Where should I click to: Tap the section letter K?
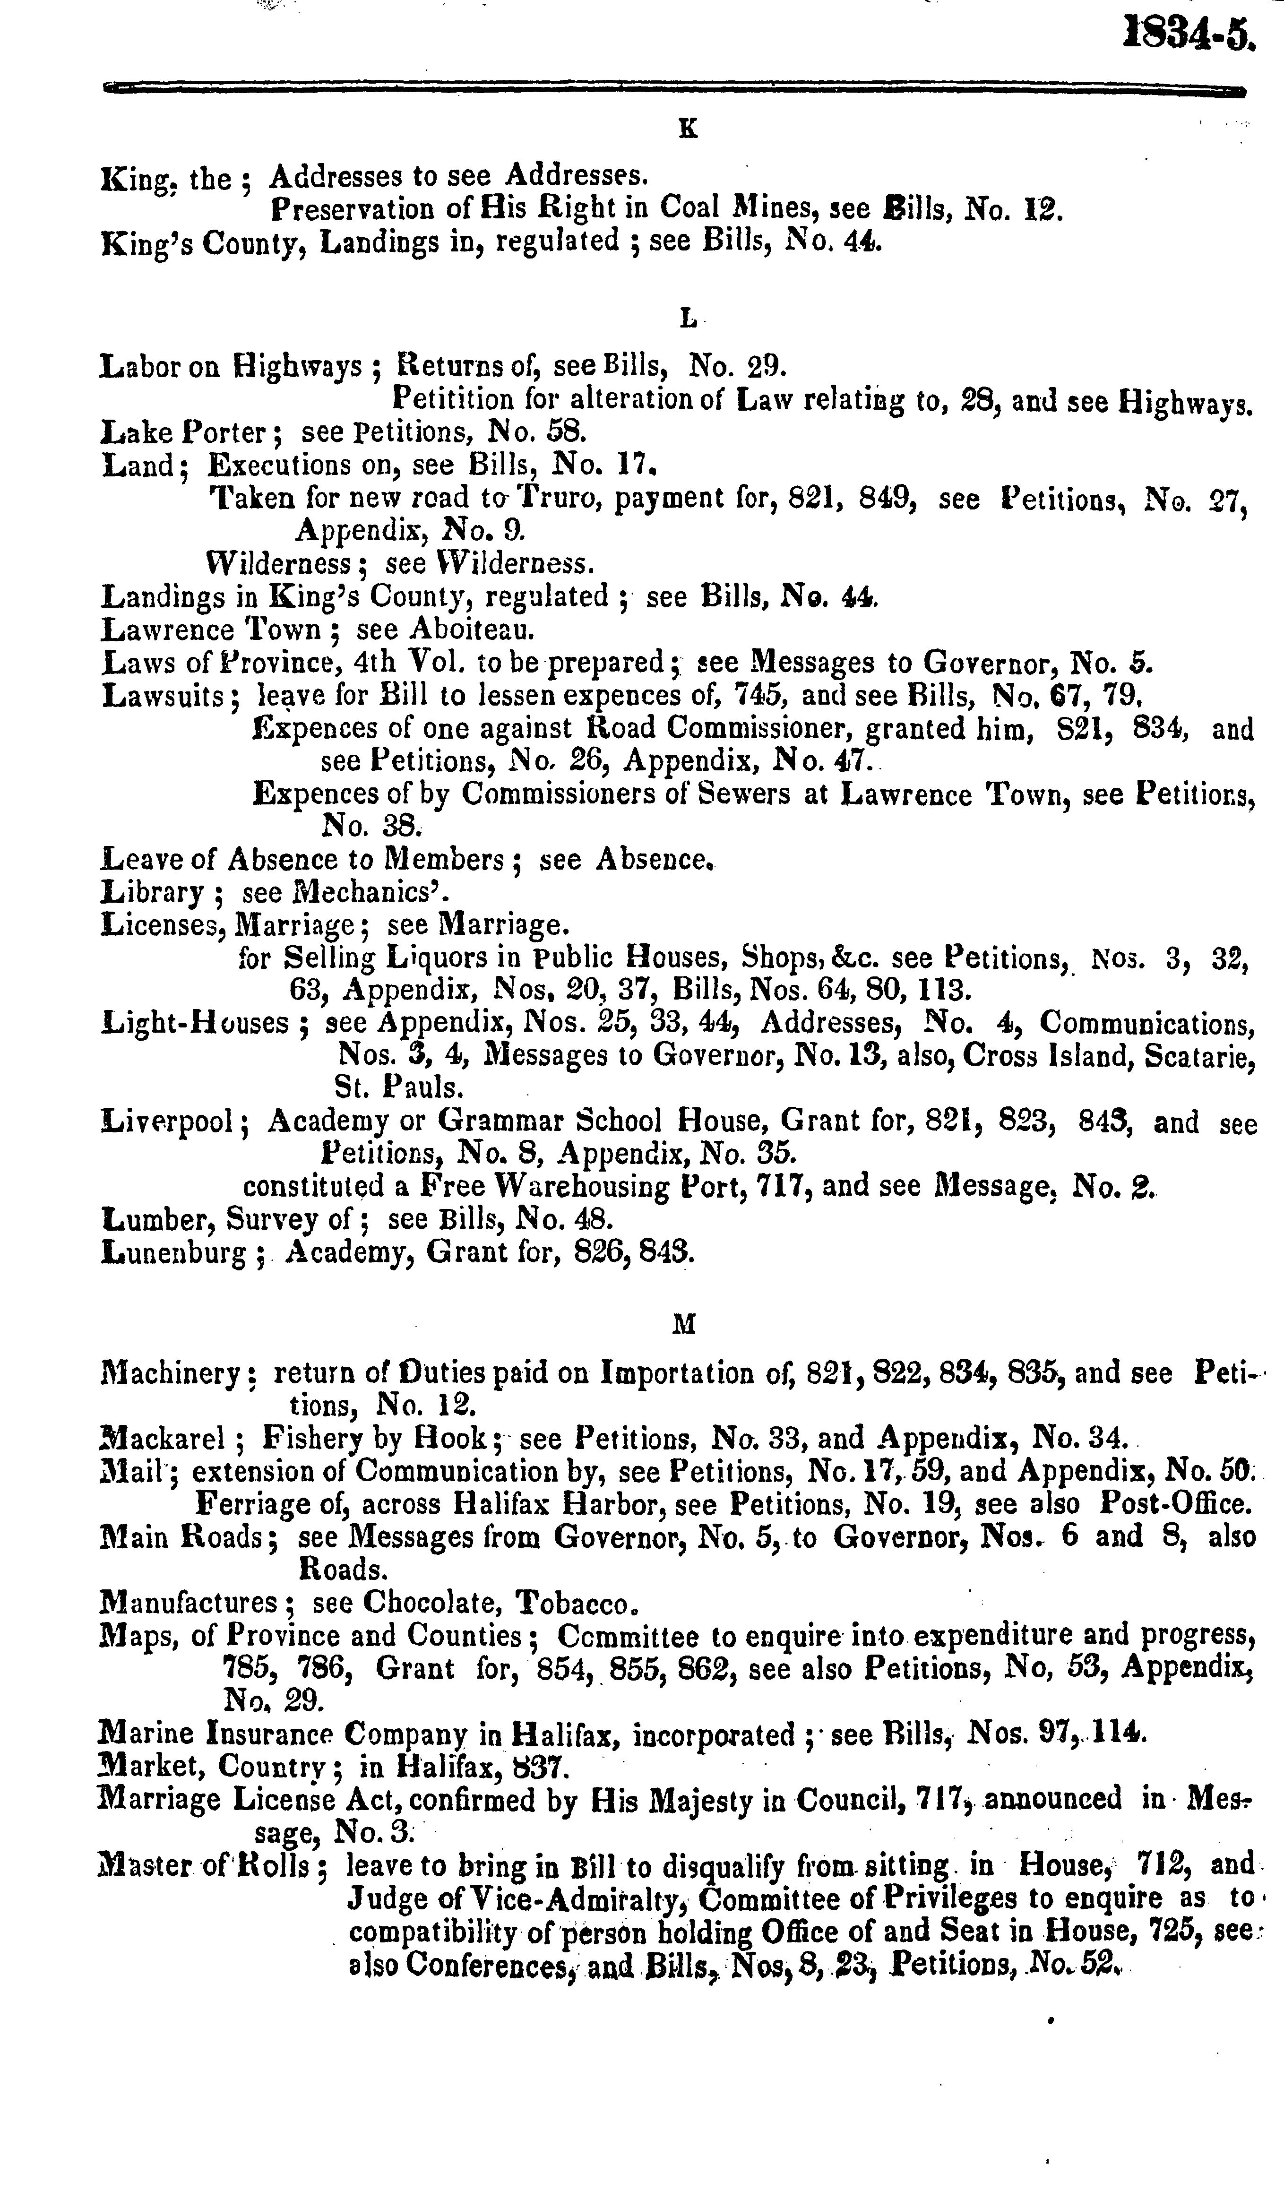click(x=687, y=129)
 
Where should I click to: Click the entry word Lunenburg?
click(x=174, y=1254)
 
